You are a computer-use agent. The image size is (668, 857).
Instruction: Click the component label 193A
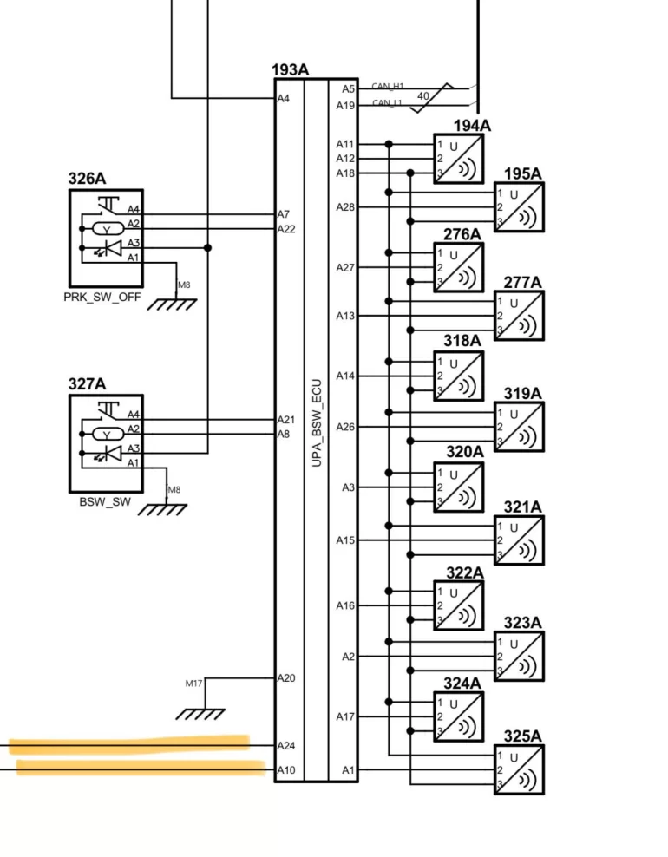(290, 69)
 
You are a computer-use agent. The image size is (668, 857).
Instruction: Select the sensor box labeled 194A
(459, 157)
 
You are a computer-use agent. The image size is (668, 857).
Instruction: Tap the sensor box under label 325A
(519, 769)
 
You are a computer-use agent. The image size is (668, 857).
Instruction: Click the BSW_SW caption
(104, 500)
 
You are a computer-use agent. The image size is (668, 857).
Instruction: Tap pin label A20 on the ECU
(286, 677)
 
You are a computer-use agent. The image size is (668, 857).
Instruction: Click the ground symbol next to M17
(200, 713)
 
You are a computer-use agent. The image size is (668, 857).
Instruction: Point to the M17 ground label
(193, 684)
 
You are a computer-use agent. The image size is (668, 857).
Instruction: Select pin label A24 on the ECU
(286, 746)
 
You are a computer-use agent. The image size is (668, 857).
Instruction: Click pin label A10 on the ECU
(286, 769)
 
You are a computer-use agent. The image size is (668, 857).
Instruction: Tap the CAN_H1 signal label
(388, 86)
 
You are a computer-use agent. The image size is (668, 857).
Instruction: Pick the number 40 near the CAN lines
(422, 95)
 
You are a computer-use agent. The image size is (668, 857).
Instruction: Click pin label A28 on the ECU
(345, 207)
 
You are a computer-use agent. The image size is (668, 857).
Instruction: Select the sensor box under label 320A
(459, 487)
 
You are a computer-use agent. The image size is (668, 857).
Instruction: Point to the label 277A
(522, 283)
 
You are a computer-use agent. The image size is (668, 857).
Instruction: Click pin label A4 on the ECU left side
(284, 99)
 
